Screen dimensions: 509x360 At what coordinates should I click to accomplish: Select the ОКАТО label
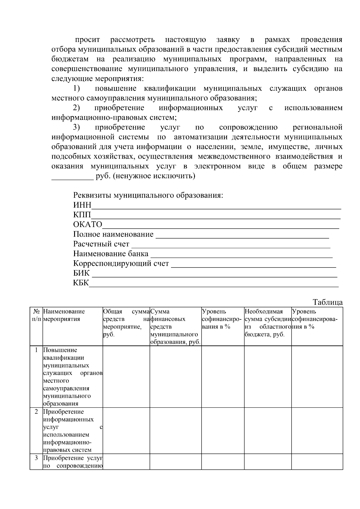[88, 225]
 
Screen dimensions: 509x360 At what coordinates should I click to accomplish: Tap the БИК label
[81, 273]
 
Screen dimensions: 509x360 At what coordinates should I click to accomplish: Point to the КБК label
[81, 283]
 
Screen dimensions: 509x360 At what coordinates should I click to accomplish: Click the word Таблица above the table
[328, 302]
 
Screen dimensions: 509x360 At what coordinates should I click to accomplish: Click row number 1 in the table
[36, 350]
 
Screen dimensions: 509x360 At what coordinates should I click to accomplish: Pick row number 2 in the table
[36, 412]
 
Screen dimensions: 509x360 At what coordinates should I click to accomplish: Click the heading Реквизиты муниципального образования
[148, 195]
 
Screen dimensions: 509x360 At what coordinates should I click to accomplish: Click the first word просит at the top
[87, 40]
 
